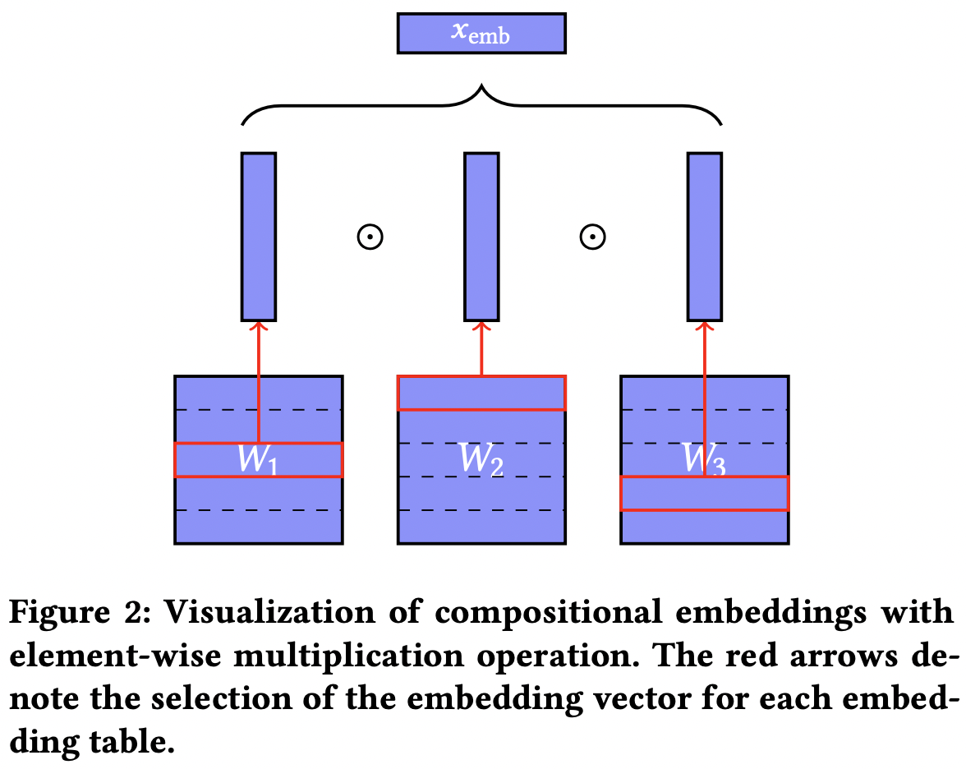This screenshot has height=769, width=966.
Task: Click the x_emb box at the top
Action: click(x=481, y=34)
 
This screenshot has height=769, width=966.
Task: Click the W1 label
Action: click(x=258, y=461)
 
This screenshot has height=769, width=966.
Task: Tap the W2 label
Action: click(x=481, y=461)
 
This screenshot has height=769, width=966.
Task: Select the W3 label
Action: click(x=705, y=461)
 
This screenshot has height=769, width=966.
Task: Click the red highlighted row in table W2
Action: click(x=481, y=393)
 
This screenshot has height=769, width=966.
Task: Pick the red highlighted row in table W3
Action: click(x=705, y=494)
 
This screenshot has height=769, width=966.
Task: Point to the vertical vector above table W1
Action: click(x=259, y=237)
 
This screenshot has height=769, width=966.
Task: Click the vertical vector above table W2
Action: click(x=481, y=237)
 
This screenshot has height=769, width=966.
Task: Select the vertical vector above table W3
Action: click(x=705, y=237)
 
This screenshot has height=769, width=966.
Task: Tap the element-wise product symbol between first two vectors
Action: click(x=370, y=237)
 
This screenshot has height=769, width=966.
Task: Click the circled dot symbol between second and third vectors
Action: click(x=592, y=237)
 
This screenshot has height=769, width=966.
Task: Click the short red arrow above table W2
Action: click(x=481, y=348)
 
